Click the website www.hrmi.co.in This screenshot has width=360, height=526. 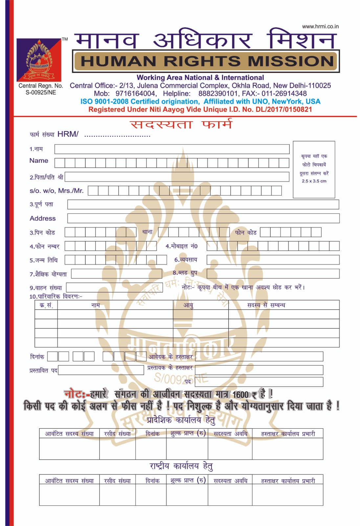click(x=320, y=27)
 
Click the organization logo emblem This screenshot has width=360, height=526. click(x=39, y=60)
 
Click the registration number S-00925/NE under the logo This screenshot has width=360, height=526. click(x=41, y=93)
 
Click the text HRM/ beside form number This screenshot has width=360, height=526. click(x=68, y=134)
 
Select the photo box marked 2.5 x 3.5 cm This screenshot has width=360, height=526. click(x=314, y=169)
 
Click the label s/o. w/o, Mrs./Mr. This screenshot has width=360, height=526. click(x=56, y=191)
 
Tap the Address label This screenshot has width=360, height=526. click(x=43, y=219)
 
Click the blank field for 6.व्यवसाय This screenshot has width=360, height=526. click(x=273, y=260)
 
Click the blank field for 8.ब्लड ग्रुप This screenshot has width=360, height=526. click(x=273, y=274)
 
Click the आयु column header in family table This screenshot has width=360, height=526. click(x=188, y=305)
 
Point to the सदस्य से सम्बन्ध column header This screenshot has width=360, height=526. click(x=266, y=305)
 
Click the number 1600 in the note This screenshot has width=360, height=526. click(x=240, y=394)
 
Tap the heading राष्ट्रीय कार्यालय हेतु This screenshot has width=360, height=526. click(x=181, y=466)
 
